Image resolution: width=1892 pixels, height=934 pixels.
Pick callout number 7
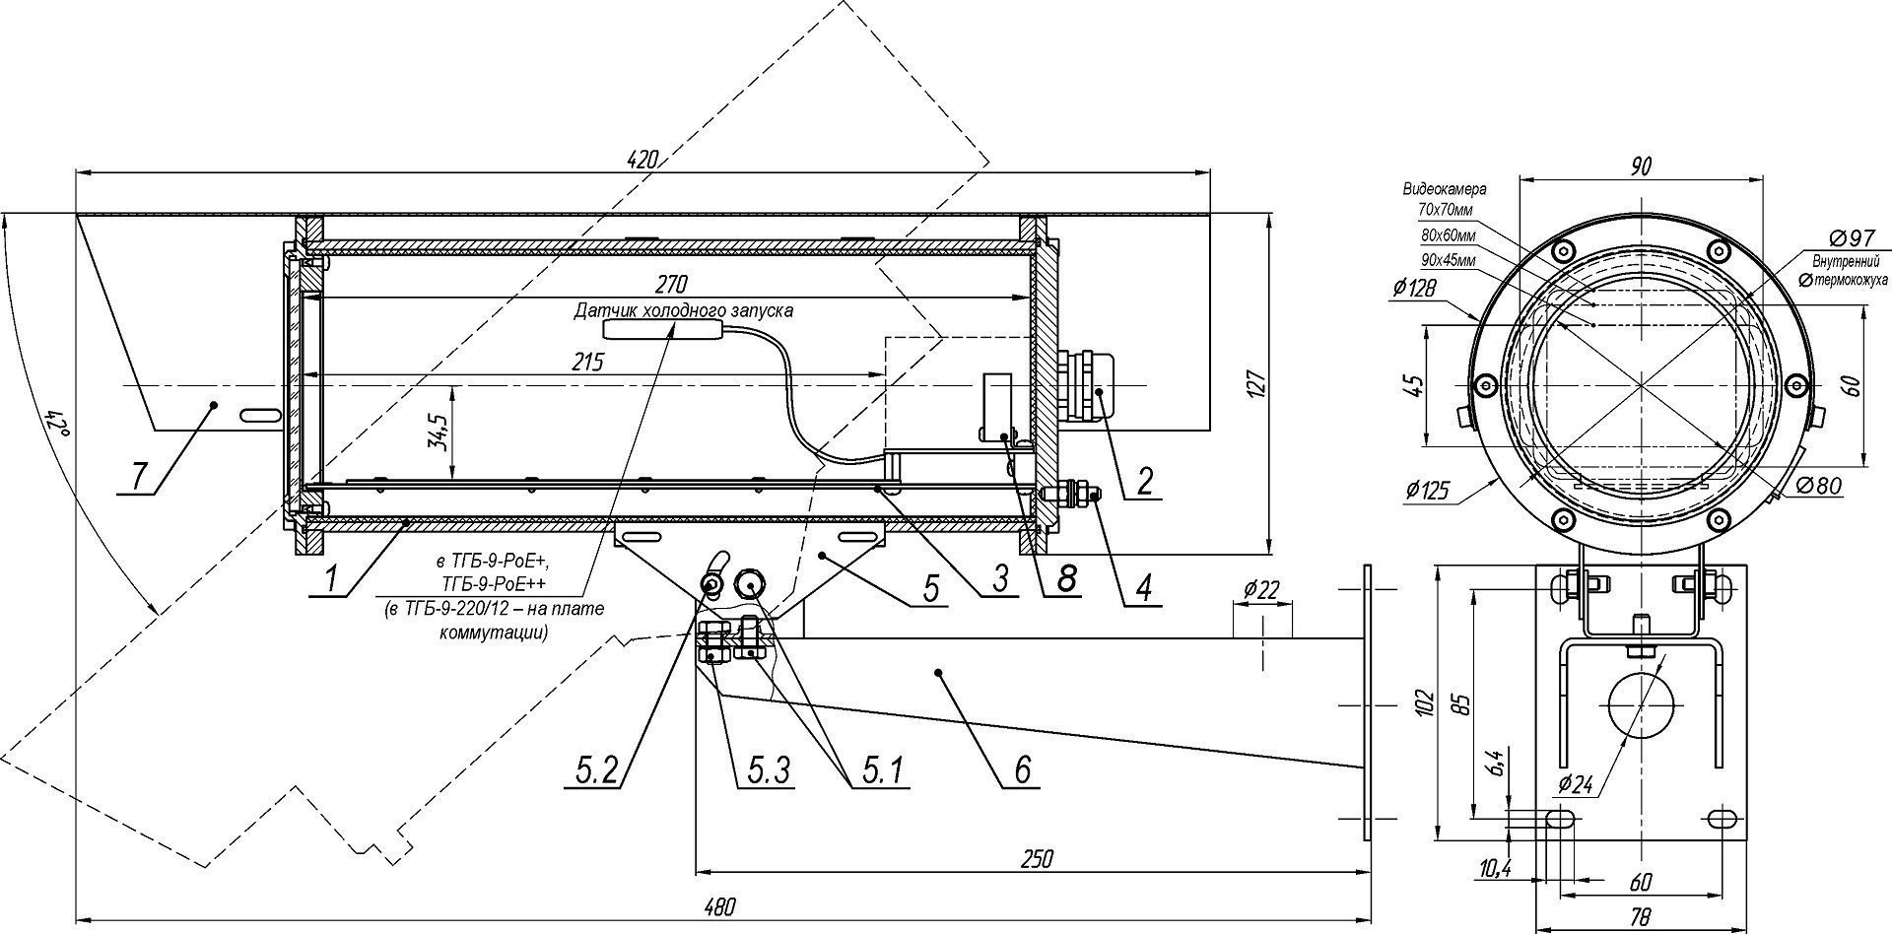tap(139, 476)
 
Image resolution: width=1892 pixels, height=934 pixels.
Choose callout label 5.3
tap(765, 769)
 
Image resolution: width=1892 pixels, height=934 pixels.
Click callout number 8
tap(1065, 579)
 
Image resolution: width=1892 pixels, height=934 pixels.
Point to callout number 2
tap(1144, 480)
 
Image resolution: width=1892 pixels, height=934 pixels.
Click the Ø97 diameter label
tap(1850, 239)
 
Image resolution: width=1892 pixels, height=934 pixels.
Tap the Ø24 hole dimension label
tap(1576, 786)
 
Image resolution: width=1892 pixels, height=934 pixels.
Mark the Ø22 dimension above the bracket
tap(1261, 591)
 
